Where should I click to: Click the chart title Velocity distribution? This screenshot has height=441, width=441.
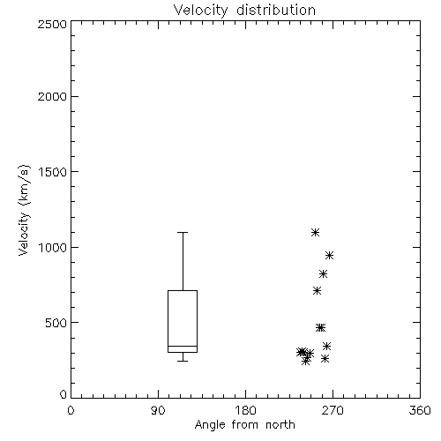tap(244, 11)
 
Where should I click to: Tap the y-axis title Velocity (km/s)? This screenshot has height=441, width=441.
tap(24, 210)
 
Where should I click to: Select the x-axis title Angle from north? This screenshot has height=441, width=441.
tap(244, 425)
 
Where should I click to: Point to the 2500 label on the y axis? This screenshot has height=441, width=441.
tap(52, 24)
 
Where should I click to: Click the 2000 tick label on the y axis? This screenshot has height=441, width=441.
tap(52, 96)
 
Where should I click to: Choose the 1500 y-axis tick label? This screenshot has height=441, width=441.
tap(53, 172)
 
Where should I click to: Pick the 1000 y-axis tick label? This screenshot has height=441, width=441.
tap(53, 248)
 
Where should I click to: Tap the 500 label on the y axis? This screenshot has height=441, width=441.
tap(56, 323)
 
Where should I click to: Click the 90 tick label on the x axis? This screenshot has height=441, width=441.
tap(158, 410)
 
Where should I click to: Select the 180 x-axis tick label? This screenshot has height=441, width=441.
tap(245, 410)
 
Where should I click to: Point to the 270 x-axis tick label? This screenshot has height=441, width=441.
tap(333, 410)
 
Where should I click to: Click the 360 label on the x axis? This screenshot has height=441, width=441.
tap(420, 410)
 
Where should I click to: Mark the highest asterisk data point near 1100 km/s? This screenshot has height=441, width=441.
tap(315, 233)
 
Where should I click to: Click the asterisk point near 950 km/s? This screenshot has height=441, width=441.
tap(329, 255)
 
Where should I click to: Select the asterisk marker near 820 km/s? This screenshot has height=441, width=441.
tap(323, 274)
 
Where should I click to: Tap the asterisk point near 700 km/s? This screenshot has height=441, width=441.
tap(317, 291)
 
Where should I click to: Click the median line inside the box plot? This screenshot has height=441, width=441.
tap(183, 346)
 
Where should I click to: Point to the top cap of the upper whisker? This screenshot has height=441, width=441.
tap(183, 232)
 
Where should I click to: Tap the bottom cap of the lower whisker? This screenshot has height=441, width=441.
tap(183, 361)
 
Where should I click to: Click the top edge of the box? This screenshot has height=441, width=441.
tap(183, 290)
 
